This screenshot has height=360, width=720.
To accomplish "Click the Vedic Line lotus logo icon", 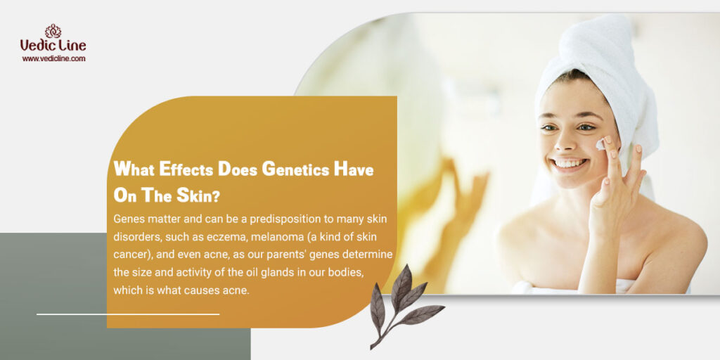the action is point(53,31).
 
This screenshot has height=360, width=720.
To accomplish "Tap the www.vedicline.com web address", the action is point(53,58).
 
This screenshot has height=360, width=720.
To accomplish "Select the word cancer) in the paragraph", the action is point(129,255).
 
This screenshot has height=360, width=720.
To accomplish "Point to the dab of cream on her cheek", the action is point(600,145).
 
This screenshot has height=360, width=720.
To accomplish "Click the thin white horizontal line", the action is point(128,314).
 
